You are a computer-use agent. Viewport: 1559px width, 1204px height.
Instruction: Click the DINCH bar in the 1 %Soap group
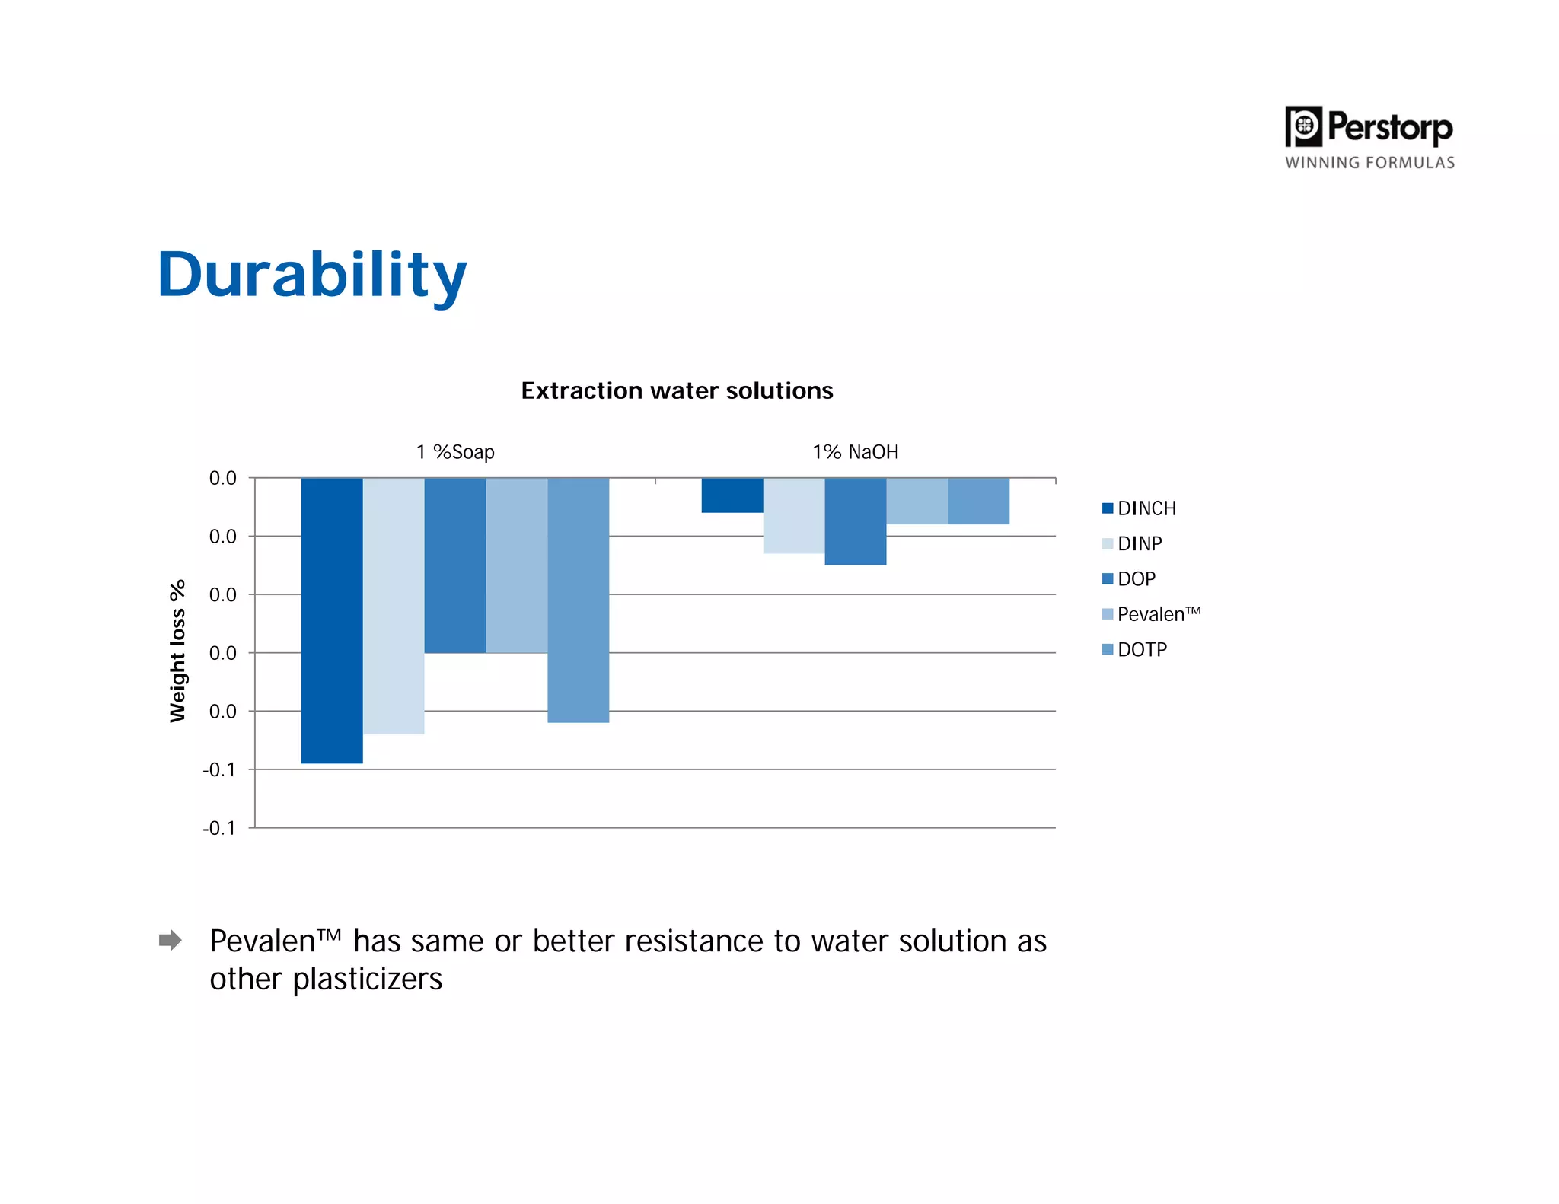point(332,620)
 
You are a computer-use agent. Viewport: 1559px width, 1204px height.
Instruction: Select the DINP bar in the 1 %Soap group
point(394,606)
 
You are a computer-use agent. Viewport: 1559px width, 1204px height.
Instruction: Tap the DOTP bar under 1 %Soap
point(579,600)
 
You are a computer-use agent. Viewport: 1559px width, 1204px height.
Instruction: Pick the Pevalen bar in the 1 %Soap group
point(517,565)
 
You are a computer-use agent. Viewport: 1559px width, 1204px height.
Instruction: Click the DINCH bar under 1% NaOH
point(732,495)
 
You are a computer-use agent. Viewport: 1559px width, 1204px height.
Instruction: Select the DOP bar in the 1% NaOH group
point(856,521)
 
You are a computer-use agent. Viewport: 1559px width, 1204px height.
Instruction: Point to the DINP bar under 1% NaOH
point(794,515)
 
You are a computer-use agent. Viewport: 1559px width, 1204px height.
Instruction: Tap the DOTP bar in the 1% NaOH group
point(979,501)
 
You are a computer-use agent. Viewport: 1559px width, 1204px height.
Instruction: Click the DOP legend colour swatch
point(1108,579)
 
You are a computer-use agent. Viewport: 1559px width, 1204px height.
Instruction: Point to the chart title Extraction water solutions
point(677,390)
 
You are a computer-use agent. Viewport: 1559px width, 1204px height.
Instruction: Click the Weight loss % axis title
point(177,651)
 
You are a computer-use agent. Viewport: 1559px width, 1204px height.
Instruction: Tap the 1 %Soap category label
point(455,452)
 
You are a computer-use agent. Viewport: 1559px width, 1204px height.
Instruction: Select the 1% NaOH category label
point(856,452)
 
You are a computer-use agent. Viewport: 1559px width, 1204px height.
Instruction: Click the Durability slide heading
point(312,275)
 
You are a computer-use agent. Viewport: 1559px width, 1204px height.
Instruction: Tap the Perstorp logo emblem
point(1303,126)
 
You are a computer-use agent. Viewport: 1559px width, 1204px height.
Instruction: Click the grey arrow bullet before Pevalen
point(171,940)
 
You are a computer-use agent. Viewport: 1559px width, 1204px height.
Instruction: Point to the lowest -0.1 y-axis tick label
point(219,828)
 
